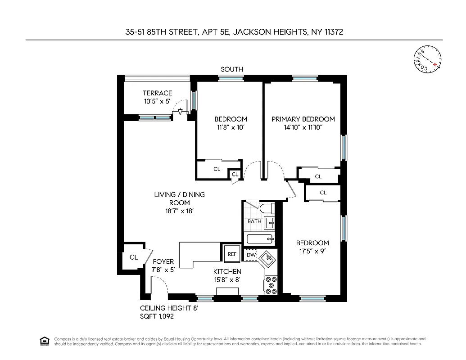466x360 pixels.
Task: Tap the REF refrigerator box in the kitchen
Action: pos(232,254)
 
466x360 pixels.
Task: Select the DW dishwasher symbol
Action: pos(251,255)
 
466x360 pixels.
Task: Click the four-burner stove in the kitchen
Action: pos(271,285)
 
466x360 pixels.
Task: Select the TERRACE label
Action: pos(157,93)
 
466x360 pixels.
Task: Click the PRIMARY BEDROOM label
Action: pos(303,119)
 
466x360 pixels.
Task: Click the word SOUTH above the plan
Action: pos(232,69)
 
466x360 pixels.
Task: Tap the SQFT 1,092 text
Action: pos(157,316)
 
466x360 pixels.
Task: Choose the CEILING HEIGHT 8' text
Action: pos(169,308)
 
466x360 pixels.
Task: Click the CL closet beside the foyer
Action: pos(134,257)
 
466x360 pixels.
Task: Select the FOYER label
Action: pos(163,261)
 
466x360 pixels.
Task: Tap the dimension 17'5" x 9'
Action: pos(312,252)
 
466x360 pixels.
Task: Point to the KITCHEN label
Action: pos(227,271)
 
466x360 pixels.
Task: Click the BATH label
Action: pos(254,221)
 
